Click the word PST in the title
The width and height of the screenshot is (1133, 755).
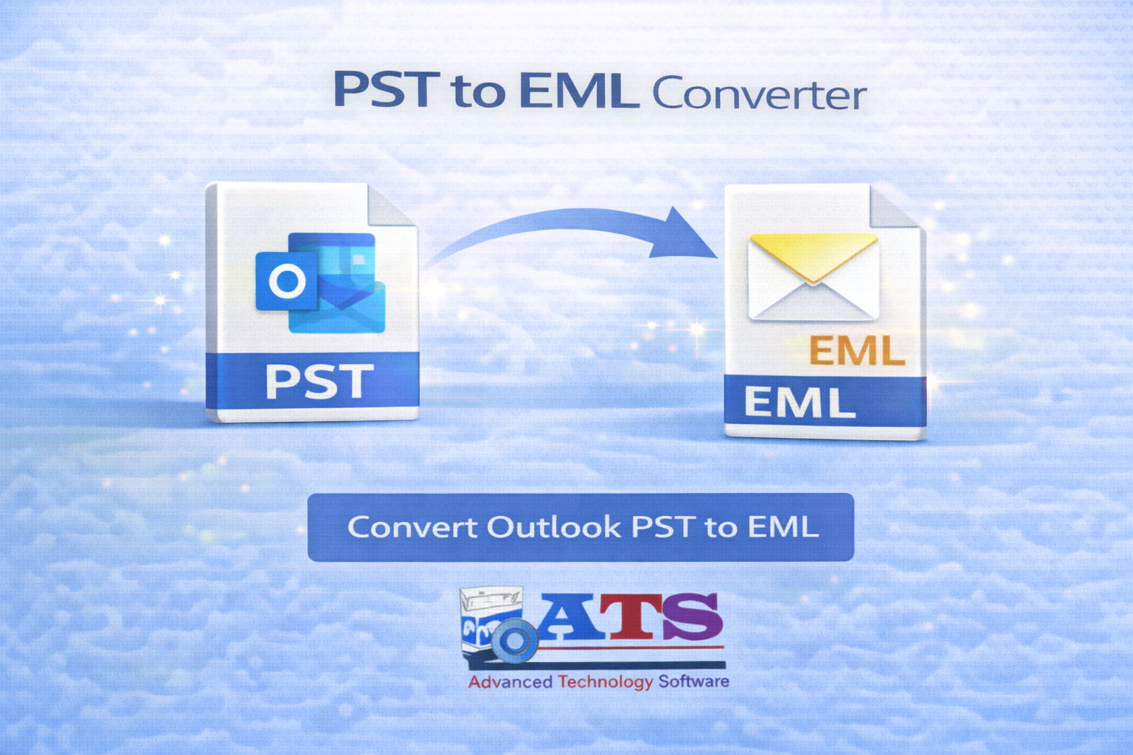386,90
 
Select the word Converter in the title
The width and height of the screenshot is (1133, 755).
759,94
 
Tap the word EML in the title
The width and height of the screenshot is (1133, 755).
578,91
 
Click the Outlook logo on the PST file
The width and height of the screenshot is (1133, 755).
321,284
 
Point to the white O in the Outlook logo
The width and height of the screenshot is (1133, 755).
287,281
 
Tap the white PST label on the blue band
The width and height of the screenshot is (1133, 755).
319,382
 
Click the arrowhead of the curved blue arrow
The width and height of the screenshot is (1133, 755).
682,234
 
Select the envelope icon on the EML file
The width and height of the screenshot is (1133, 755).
813,276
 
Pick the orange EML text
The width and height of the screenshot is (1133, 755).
856,352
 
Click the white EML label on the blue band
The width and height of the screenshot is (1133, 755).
800,403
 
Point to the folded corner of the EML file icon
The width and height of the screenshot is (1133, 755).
895,207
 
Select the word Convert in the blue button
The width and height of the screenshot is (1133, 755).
412,527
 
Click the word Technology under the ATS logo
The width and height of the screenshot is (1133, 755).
606,681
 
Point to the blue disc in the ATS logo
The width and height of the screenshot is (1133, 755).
514,641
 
